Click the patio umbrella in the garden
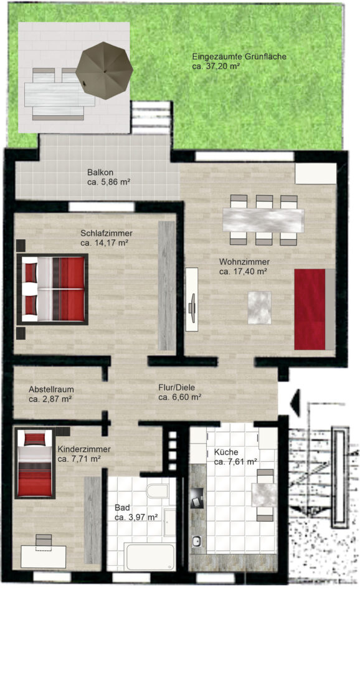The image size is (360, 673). (104, 71)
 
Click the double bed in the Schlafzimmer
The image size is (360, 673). (52, 289)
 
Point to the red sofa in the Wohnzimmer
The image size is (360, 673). (314, 310)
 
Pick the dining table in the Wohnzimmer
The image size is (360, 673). (263, 220)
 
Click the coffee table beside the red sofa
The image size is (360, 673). (260, 308)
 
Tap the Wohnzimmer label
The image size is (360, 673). (244, 262)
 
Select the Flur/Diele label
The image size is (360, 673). (176, 388)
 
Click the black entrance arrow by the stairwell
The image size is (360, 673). (295, 403)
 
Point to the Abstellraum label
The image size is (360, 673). (52, 389)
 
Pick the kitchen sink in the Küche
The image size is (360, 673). (197, 542)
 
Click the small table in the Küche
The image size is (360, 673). (264, 494)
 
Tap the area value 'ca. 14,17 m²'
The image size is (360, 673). (105, 243)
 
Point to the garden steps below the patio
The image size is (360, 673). (151, 118)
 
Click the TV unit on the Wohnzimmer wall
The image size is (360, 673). (192, 299)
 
